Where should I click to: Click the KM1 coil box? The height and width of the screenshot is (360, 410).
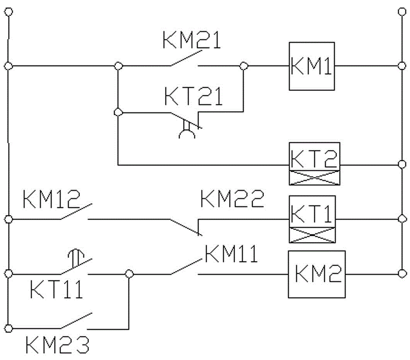[312, 66]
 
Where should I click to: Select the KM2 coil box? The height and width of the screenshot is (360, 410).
[316, 274]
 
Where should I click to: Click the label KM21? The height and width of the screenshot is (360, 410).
[191, 41]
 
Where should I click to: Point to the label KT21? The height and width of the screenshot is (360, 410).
[194, 97]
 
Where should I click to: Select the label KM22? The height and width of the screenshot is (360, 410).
[232, 200]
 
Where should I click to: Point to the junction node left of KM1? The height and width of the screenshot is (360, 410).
[243, 66]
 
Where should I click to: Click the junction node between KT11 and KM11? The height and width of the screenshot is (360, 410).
[129, 274]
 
